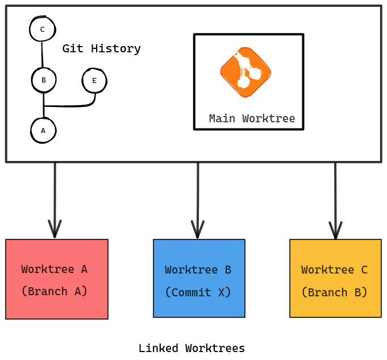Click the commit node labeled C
42,29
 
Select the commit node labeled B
44,80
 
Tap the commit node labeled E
94,81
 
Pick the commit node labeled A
43,131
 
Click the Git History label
101,49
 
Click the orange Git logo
245,72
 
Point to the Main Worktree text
252,119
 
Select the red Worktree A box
57,279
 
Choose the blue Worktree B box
199,278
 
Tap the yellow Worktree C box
335,278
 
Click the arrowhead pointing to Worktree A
55,230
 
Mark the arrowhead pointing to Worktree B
198,230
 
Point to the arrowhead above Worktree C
335,230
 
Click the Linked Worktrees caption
192,349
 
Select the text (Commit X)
198,292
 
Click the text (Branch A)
55,291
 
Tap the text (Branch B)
335,292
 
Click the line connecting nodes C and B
42,55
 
